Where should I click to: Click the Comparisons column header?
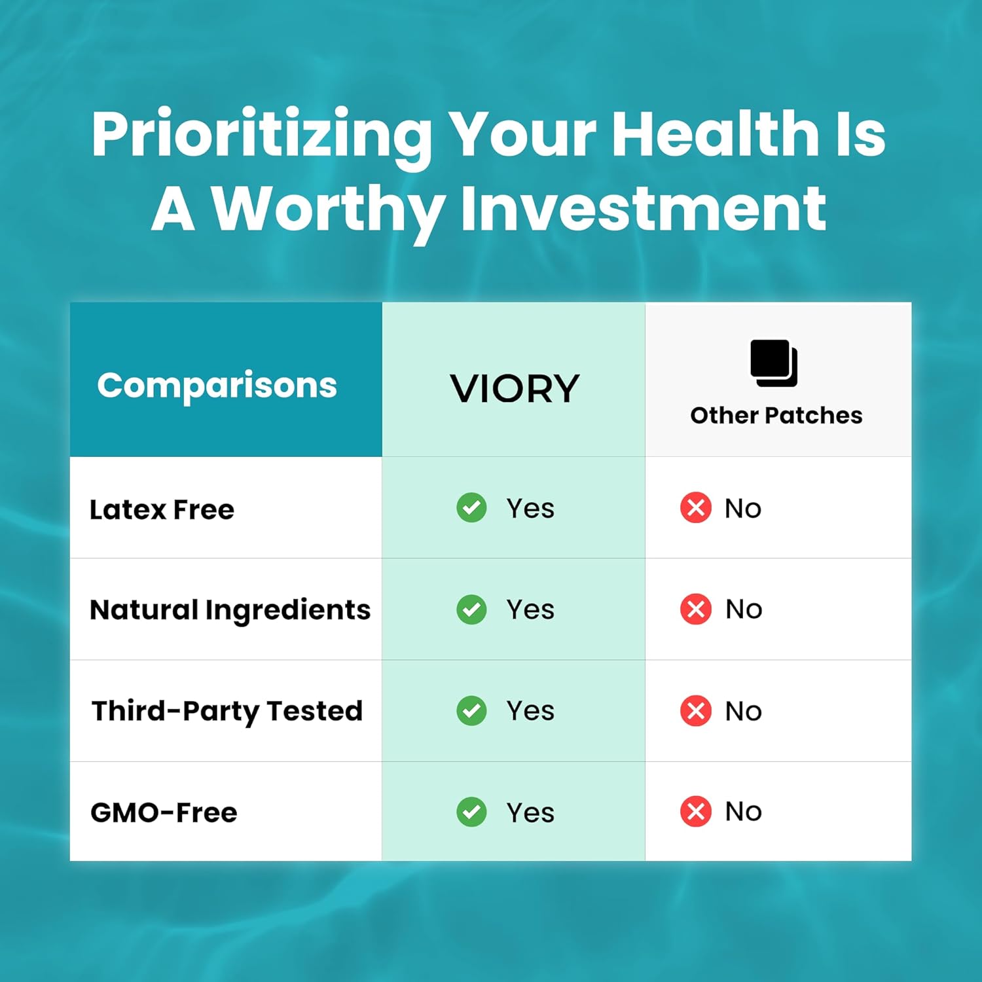[x=217, y=385]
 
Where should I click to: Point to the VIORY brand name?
[x=515, y=389]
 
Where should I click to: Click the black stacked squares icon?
[x=774, y=363]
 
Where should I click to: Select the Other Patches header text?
[x=776, y=415]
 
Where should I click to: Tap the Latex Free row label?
[x=162, y=509]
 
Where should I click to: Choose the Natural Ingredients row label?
[x=230, y=609]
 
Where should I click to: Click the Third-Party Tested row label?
[x=227, y=711]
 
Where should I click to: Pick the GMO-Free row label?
[x=164, y=812]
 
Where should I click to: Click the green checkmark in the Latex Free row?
[x=471, y=507]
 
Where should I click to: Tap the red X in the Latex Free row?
[x=696, y=507]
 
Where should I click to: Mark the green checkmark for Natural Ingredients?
[x=471, y=609]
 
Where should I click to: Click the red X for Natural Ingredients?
[x=696, y=609]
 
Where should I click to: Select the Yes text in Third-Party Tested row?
[x=530, y=711]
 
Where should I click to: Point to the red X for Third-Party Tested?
[x=696, y=711]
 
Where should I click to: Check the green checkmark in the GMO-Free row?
[x=471, y=812]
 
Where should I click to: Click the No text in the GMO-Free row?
[x=743, y=812]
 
